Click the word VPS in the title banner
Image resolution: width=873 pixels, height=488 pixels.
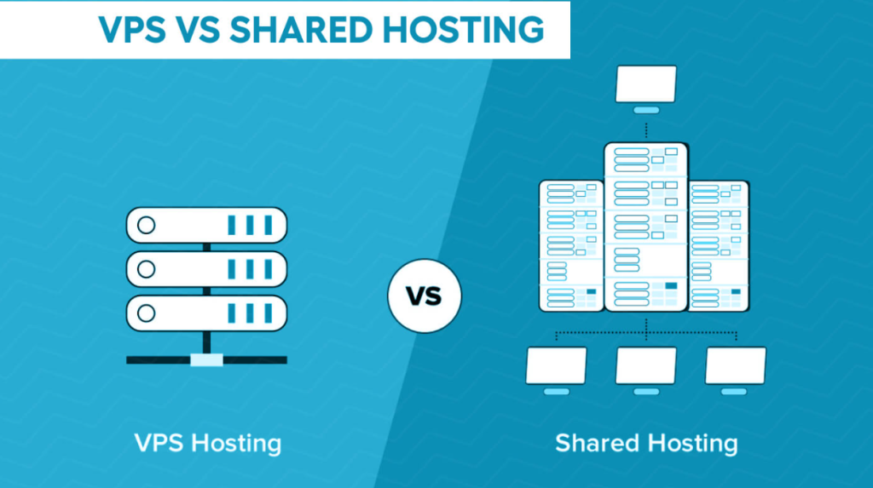(132, 30)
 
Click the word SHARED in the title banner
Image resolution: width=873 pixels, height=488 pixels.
(301, 30)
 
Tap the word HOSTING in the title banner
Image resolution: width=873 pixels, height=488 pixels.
(463, 30)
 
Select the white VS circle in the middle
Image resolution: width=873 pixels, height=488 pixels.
(425, 296)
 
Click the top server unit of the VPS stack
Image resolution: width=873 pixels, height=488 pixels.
(206, 226)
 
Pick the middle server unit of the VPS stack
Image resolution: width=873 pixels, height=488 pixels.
(206, 269)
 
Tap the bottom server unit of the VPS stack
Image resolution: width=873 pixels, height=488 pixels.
(206, 313)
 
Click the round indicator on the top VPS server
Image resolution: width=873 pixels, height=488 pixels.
(147, 226)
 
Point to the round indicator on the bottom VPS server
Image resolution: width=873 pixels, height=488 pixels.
(147, 313)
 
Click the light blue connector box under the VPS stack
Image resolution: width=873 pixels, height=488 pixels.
(206, 360)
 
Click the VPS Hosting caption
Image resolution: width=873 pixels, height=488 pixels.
(208, 444)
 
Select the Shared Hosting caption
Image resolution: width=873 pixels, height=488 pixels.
(646, 444)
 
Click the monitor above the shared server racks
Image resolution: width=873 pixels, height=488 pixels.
(646, 89)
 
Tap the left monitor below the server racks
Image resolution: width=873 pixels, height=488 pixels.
(556, 370)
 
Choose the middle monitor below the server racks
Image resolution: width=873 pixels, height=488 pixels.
(646, 370)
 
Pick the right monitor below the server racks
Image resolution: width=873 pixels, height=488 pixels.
(736, 370)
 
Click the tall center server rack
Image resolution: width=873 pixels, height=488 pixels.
(646, 227)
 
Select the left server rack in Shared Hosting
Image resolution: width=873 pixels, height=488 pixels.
(572, 245)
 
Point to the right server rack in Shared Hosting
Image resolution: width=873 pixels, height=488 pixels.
(719, 245)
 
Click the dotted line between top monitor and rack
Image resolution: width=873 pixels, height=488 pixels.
(646, 130)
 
